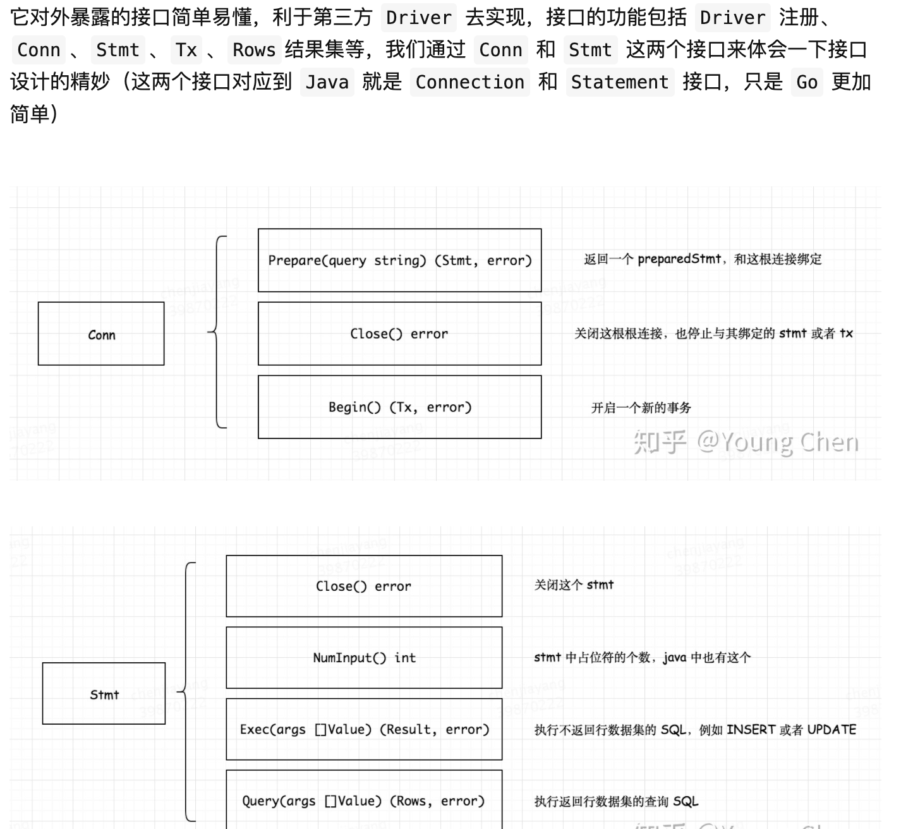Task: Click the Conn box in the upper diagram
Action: (x=101, y=334)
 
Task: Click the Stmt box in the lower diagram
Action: (x=104, y=694)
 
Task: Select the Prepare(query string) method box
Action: (x=399, y=260)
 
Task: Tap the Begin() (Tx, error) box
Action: (x=399, y=407)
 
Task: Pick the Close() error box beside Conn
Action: (x=399, y=334)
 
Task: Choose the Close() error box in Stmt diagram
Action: (x=364, y=586)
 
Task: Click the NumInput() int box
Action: (x=364, y=658)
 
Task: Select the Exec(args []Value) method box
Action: (x=364, y=729)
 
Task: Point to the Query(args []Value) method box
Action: (x=364, y=801)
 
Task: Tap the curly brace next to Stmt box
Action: (x=188, y=691)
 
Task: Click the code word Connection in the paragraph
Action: (x=469, y=82)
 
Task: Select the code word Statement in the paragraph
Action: (x=619, y=82)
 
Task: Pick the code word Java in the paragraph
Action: (x=327, y=82)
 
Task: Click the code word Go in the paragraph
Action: (x=806, y=82)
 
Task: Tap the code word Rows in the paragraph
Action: (x=254, y=50)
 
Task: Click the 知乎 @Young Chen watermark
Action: (x=746, y=442)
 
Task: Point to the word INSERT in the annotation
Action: (x=751, y=730)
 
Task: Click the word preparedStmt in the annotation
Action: (x=679, y=259)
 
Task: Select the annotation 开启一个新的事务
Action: (x=641, y=408)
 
